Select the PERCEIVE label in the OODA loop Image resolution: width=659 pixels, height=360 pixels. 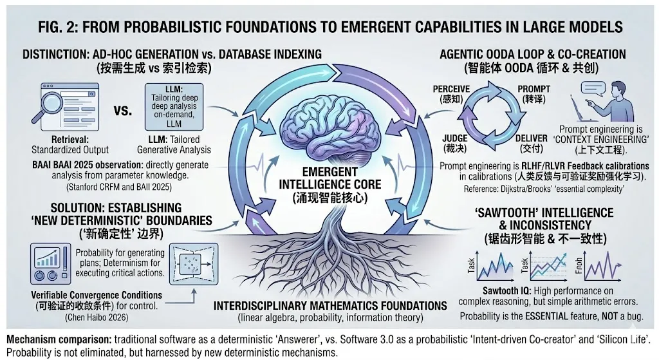[452, 88]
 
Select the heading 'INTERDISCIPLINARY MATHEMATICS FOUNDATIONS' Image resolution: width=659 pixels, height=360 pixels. [330, 305]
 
